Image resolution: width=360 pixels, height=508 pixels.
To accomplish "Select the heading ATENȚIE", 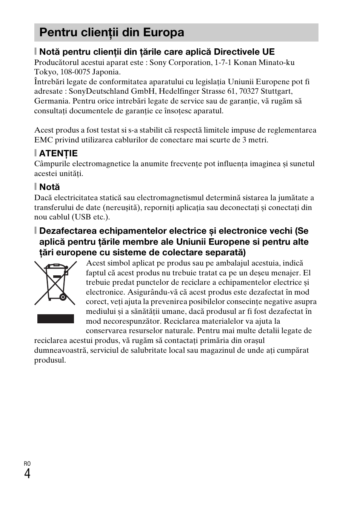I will click(x=58, y=153).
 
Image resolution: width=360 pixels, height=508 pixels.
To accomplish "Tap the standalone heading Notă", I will click(x=49, y=187).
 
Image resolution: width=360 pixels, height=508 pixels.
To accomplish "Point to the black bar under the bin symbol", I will click(x=55, y=318).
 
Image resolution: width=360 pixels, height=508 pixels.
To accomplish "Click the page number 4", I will click(x=27, y=473).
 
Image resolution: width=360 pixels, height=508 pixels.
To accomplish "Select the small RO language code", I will click(x=27, y=463).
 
